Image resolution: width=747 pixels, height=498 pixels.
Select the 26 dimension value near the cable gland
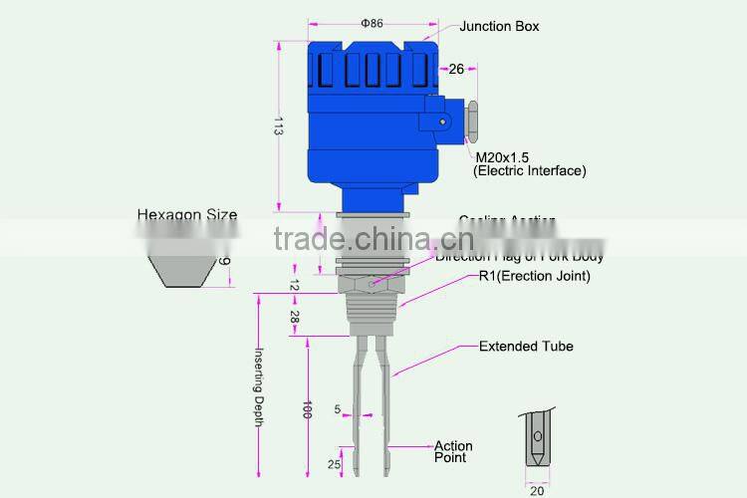coord(456,69)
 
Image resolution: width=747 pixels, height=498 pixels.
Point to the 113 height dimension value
coord(280,126)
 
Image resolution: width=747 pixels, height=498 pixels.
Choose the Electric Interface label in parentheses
coord(529,171)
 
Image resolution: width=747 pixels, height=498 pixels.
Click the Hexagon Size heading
coord(187,214)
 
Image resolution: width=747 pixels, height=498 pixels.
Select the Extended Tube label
coord(526,347)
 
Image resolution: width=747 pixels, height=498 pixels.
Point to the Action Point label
coord(453,451)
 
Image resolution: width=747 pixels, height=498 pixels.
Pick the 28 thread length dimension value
coord(296,316)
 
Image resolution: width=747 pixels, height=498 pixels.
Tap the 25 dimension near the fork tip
coord(336,464)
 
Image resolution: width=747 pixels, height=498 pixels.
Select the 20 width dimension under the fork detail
coord(537,489)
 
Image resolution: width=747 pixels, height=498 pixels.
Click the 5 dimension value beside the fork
coord(338,408)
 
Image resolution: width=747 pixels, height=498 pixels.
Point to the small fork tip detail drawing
coord(537,438)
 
